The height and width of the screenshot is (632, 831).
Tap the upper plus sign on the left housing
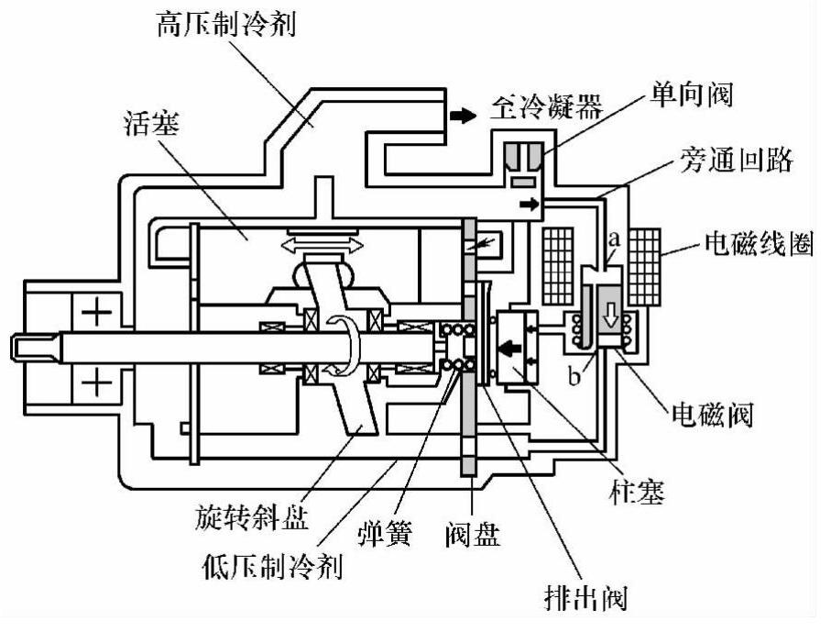click(x=96, y=315)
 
